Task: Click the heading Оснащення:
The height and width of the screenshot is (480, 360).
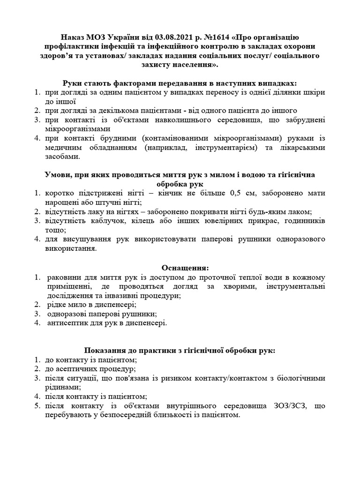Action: [x=185, y=268]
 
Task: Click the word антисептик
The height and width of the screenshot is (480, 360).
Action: [x=66, y=322]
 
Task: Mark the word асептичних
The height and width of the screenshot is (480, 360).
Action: [x=77, y=369]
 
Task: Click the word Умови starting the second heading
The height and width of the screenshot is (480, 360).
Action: [x=58, y=174]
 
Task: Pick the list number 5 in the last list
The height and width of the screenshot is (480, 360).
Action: [x=37, y=405]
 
